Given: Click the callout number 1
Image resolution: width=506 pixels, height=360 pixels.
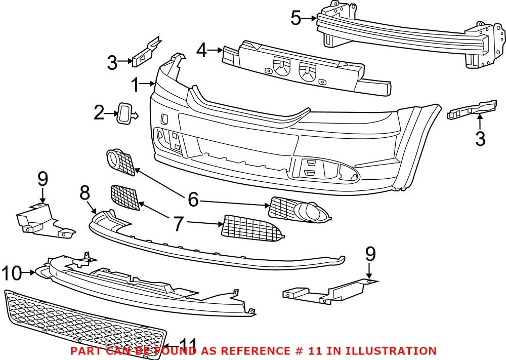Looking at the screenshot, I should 135,85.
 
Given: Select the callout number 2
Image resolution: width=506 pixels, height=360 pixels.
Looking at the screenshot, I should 99,113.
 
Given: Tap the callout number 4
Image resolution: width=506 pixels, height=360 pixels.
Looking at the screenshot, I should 201,51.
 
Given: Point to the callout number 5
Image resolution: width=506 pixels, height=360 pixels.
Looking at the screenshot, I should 296,19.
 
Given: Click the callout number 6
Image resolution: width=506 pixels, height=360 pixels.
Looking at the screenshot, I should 193,199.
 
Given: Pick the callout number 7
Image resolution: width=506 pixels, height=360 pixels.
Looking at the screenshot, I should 178,223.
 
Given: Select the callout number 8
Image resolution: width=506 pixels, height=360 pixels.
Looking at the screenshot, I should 85,192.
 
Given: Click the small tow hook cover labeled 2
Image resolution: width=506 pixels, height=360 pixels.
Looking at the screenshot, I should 124,112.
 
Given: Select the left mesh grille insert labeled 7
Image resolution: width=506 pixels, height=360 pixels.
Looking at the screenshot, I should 125,197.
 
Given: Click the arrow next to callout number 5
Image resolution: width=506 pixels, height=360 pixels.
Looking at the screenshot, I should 310,19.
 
